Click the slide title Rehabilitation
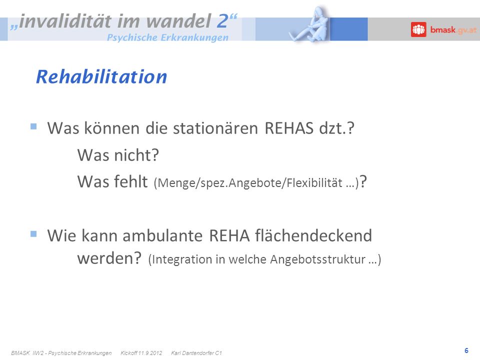(x=101, y=76)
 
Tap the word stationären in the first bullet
(x=215, y=128)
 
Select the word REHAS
(x=289, y=128)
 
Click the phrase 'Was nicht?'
(x=118, y=155)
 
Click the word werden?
(x=109, y=258)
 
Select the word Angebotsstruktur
(x=318, y=259)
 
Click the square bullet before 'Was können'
(x=33, y=126)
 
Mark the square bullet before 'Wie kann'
(x=33, y=234)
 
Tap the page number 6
(x=466, y=350)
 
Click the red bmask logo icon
(x=418, y=29)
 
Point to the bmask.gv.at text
(x=453, y=29)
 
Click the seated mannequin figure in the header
(x=310, y=24)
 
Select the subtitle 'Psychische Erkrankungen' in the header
(x=167, y=37)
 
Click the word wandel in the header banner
(x=179, y=21)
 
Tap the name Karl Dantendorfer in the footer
(x=193, y=353)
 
